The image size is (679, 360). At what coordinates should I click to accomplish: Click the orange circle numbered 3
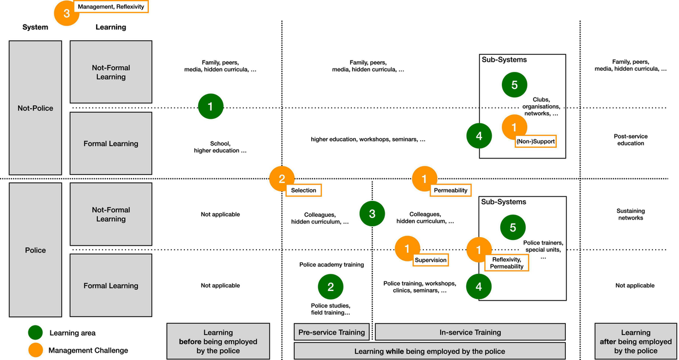pos(67,14)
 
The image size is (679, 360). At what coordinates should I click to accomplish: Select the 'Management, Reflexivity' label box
pos(111,7)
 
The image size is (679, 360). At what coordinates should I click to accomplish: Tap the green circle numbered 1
pos(210,106)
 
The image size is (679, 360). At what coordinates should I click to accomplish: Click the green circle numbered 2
pos(331,286)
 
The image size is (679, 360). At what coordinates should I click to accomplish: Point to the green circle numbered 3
pos(372,213)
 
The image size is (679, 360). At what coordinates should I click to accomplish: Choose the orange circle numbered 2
pos(282,179)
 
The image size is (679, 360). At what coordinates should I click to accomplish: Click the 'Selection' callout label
pos(304,190)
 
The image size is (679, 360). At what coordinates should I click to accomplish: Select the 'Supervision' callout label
pos(431,260)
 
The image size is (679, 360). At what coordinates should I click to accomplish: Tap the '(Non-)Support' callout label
pos(535,142)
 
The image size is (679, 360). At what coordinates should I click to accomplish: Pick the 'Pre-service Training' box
pos(332,332)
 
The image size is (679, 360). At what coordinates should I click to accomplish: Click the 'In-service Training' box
pos(470,332)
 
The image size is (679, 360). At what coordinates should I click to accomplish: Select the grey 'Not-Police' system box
pos(35,108)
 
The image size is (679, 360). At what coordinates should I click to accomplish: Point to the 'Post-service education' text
pos(630,140)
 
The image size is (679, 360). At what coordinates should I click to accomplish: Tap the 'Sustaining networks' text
pos(630,213)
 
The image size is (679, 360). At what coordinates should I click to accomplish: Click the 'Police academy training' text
pos(332,264)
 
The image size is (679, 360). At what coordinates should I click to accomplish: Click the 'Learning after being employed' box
pos(635,341)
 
